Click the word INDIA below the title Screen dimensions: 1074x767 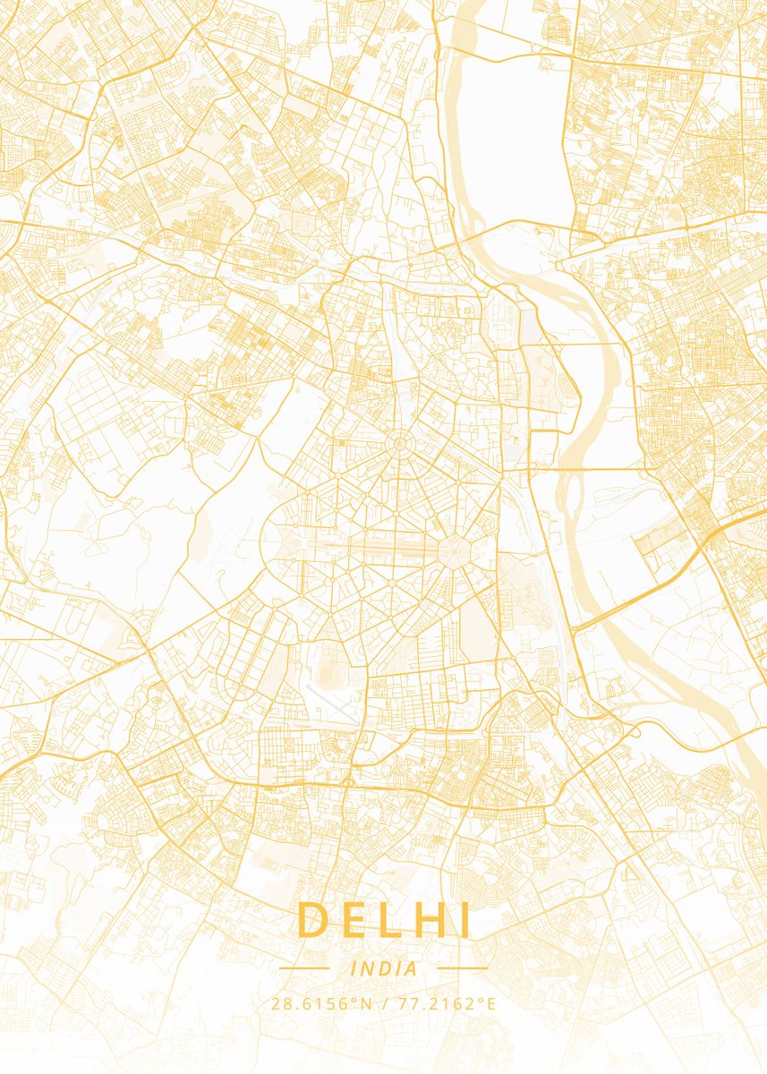pos(384,968)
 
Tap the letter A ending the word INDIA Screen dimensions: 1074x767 pos(411,968)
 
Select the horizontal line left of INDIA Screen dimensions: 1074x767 pos(304,968)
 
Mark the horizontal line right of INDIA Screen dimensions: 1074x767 pos(462,968)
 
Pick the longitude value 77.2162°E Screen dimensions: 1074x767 pos(445,1003)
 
